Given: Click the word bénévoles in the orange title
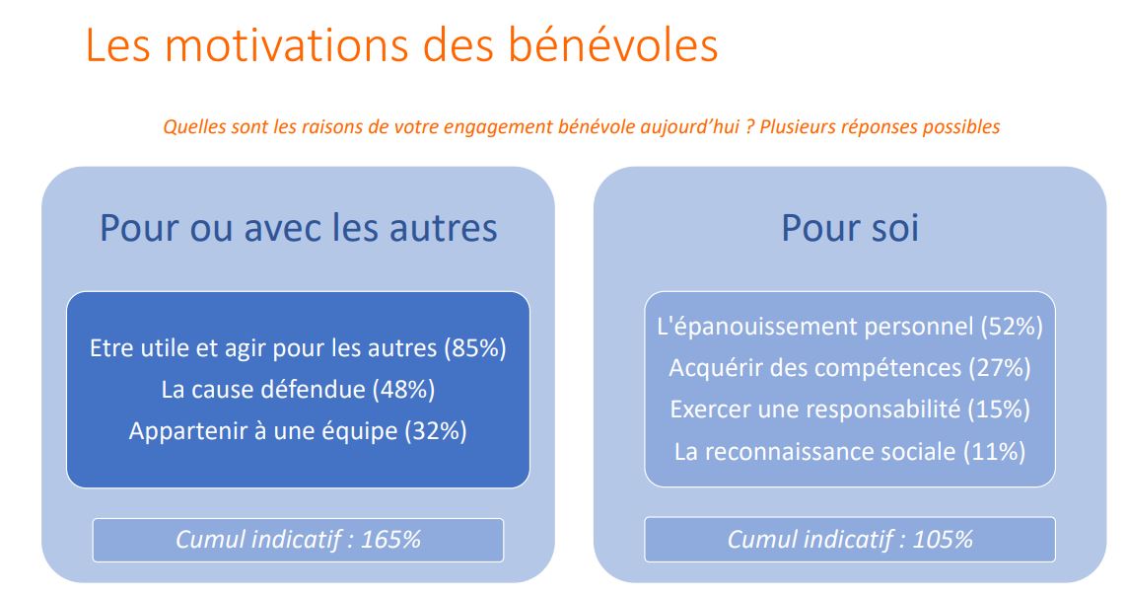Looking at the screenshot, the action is click(613, 45).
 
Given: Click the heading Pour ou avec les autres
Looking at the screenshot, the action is click(299, 228).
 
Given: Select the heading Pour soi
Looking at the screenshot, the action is click(850, 228).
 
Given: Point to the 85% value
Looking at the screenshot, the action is click(475, 348).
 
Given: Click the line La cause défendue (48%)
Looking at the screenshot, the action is click(299, 390).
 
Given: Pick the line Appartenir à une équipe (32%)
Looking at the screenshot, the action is click(299, 431).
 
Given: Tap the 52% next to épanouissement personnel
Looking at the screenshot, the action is click(1012, 327).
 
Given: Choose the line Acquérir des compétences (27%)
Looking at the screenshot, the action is click(850, 368).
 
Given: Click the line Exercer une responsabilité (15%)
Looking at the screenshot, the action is click(850, 410).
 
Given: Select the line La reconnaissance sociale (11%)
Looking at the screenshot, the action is click(850, 452).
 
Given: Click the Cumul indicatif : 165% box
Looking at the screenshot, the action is click(299, 540).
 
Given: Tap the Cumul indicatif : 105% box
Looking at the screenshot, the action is click(850, 540).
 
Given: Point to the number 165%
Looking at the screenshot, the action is click(390, 540).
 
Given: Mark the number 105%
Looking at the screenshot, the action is click(943, 540).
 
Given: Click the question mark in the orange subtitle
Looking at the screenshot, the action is click(749, 127).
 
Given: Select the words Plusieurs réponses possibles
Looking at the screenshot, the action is click(880, 127).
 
